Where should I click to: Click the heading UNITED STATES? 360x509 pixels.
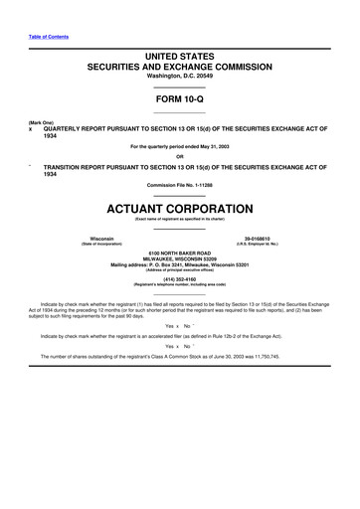pos(180,61)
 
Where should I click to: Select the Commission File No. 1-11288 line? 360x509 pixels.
pos(180,185)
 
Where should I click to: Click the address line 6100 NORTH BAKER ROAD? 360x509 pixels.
pos(180,254)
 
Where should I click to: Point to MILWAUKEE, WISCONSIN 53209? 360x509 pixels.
pos(180,260)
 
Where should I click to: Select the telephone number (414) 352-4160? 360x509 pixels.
pos(180,279)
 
